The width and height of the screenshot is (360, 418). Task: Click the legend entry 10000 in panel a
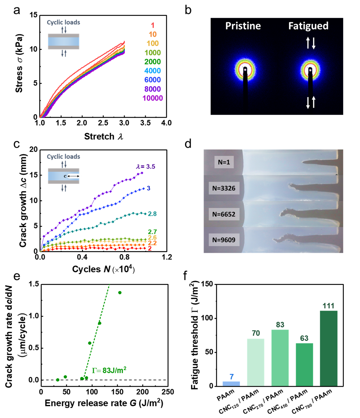(x=153, y=98)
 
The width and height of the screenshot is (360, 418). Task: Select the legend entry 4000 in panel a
(x=153, y=71)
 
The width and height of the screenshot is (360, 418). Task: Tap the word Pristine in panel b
(x=243, y=26)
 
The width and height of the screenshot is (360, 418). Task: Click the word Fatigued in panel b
(x=308, y=26)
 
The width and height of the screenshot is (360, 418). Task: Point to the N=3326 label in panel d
(x=224, y=188)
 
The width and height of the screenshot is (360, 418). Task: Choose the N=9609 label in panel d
(x=224, y=240)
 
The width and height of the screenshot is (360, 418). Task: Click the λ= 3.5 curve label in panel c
(x=145, y=167)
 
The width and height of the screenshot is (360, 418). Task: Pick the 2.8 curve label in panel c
(x=152, y=214)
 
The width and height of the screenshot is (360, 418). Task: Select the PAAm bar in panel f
(x=231, y=384)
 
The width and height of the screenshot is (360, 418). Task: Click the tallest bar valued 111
(x=329, y=348)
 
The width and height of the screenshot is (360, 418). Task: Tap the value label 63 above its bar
(x=304, y=338)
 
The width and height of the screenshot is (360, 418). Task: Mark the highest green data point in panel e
(x=120, y=293)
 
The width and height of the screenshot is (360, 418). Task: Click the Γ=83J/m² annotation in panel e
(x=109, y=370)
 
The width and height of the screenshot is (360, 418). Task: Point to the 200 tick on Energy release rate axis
(x=142, y=392)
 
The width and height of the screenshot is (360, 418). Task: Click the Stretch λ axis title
(x=104, y=137)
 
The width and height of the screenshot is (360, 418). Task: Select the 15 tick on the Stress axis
(x=33, y=15)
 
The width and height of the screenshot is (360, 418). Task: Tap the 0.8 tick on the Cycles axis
(x=124, y=257)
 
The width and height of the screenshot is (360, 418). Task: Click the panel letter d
(x=188, y=144)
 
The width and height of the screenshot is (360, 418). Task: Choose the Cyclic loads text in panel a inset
(x=63, y=22)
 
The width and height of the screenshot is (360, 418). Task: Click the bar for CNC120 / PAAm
(x=256, y=362)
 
